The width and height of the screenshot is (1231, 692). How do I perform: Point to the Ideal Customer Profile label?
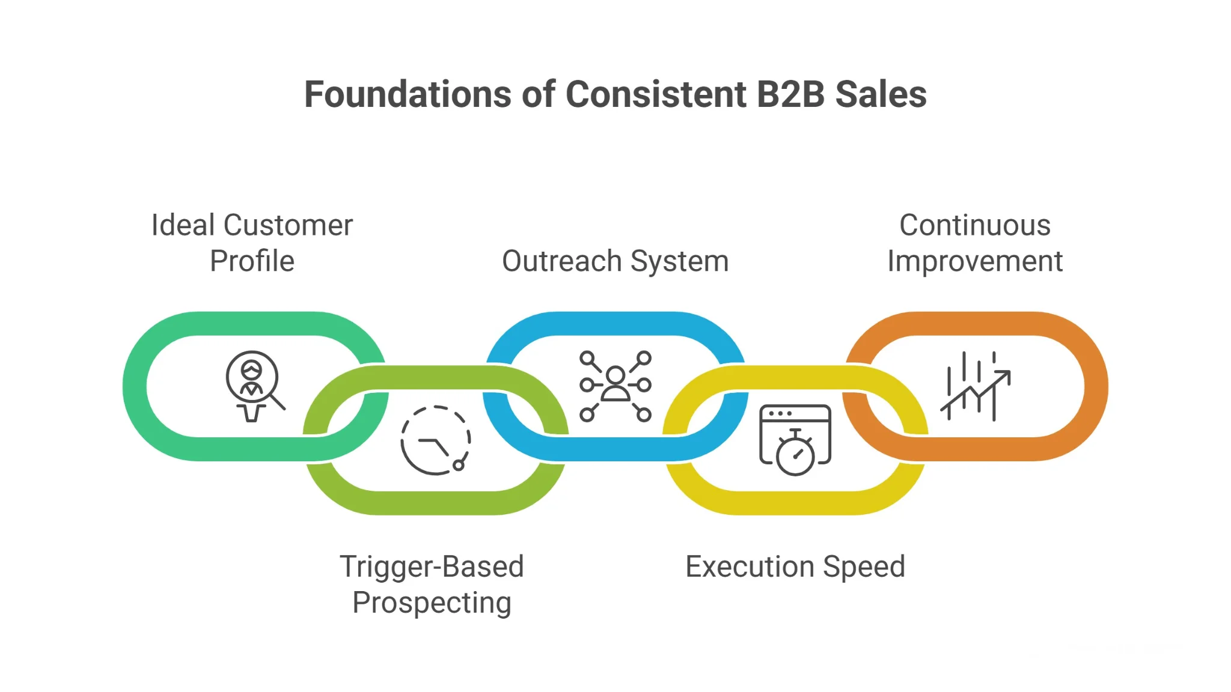coord(252,243)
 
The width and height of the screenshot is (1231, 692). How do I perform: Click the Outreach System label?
coord(615,261)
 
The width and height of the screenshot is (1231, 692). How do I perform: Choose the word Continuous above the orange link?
coord(974,225)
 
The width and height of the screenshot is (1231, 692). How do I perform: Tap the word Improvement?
coord(974,261)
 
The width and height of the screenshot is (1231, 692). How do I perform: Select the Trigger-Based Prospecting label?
coord(432,584)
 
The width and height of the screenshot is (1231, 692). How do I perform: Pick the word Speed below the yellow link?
coord(864,566)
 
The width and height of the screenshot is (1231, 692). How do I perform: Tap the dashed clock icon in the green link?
coord(435,440)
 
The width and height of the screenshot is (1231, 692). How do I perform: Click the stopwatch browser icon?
coord(795,439)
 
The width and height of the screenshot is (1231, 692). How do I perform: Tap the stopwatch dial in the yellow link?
coord(795,455)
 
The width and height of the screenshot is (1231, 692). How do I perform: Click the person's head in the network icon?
coord(615,375)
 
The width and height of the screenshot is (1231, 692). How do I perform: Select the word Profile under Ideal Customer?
coord(252,261)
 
